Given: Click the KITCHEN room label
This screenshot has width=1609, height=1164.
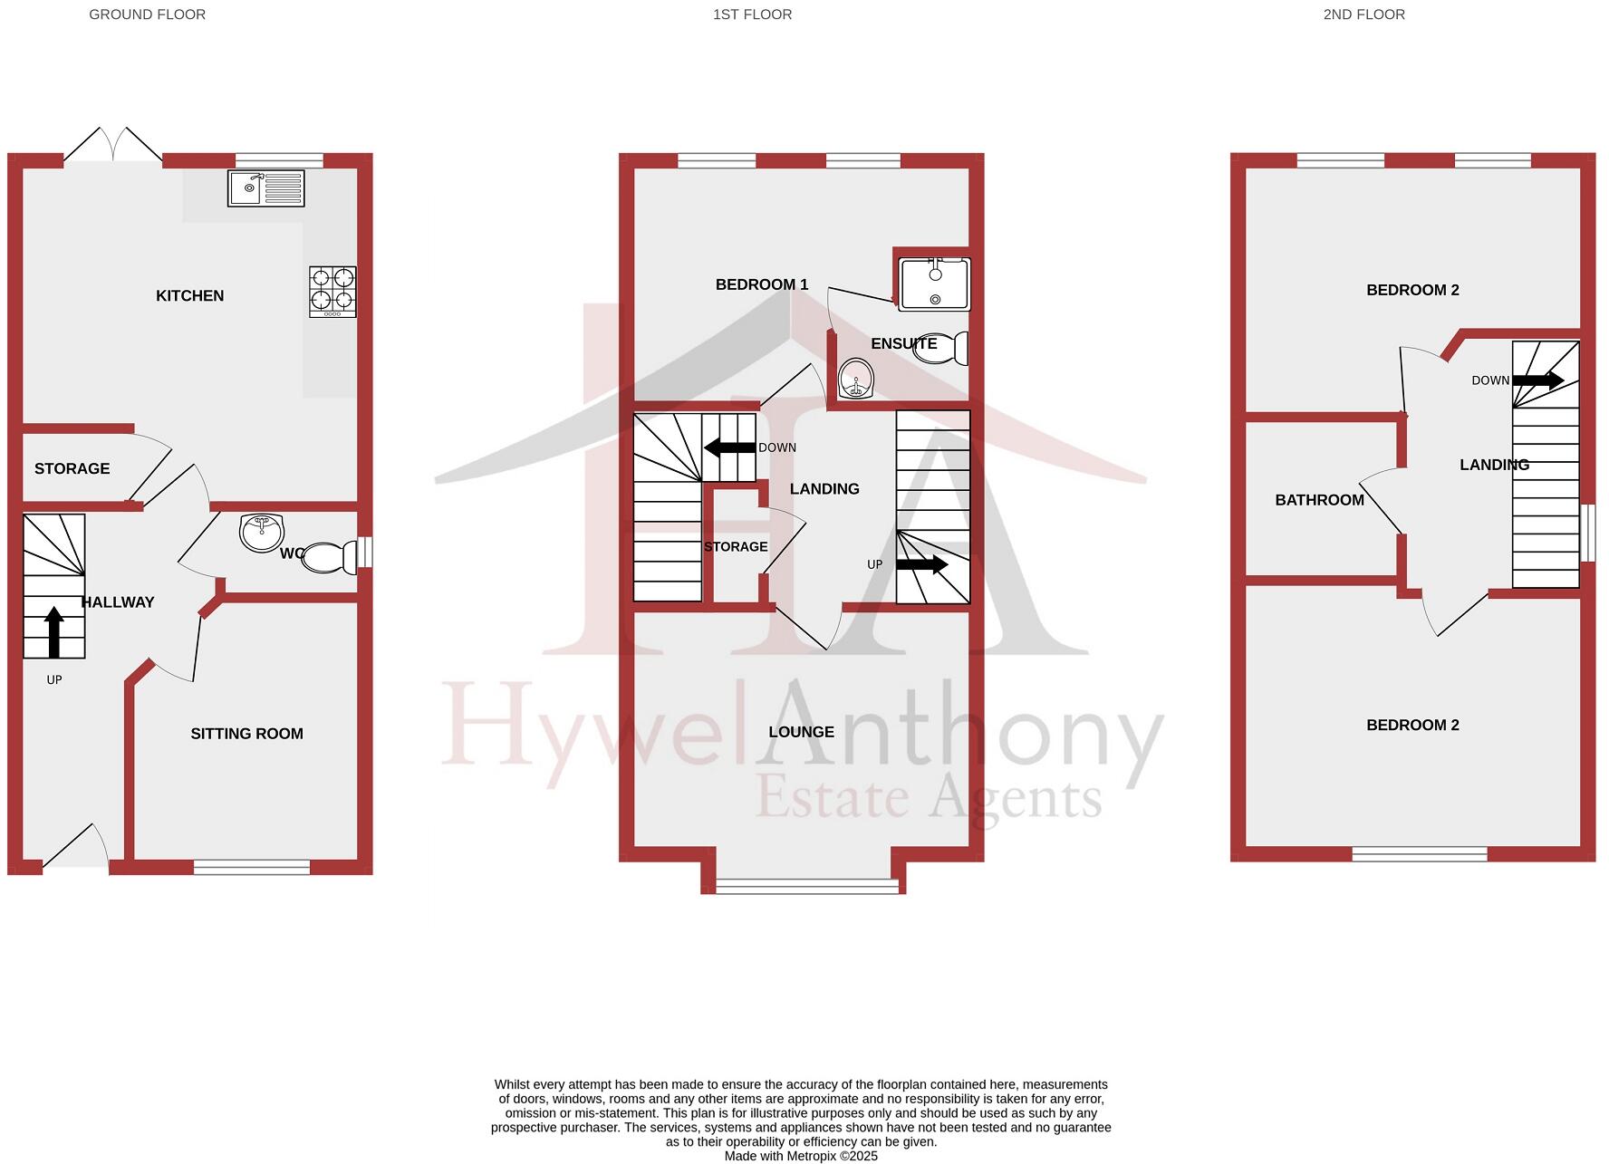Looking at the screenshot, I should coord(189,295).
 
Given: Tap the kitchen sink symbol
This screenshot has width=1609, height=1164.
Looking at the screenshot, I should coord(266,189).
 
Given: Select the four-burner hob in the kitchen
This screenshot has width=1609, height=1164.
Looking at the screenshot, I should coord(332,291).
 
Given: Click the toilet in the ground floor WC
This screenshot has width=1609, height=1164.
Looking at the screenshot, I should coord(329,558).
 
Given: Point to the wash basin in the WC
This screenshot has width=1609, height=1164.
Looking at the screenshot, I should coord(263,532).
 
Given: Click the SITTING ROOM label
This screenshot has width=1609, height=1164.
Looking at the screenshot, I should coord(246,734).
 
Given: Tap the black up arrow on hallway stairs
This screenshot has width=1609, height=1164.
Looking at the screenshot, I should coord(54,631).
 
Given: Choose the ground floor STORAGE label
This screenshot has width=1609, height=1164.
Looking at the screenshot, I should coord(72,468).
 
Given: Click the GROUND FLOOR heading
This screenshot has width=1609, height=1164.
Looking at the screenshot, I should coord(147,14).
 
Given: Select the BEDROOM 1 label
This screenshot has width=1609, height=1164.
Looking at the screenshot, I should coord(762,284).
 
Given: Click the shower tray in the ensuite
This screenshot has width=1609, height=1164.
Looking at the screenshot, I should coord(934,284).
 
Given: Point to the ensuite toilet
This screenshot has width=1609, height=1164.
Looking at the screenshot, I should coord(942,349).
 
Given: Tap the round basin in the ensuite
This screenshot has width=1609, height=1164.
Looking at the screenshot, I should coord(856,379).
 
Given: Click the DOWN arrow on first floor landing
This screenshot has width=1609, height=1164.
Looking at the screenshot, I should coord(730,447).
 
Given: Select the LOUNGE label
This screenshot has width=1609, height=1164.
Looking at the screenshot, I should coord(802,732).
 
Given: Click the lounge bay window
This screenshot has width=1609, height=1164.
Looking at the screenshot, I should coord(809,886).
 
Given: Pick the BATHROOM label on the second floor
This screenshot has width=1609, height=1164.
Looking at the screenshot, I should coord(1319,500).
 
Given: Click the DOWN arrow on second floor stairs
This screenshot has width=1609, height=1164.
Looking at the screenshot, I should coord(1537,380).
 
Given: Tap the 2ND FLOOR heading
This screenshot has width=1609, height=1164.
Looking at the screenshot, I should coord(1363,14).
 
